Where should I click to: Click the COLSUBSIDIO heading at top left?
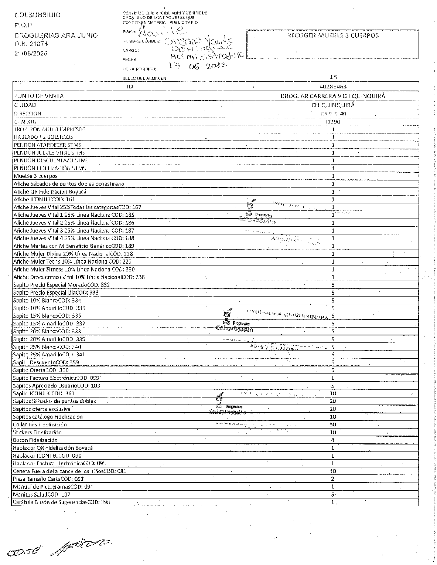click(x=37, y=15)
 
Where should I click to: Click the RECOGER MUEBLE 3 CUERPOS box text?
click(x=332, y=35)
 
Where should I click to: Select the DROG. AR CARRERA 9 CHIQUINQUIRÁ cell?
click(x=333, y=96)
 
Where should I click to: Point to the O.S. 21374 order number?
click(x=31, y=44)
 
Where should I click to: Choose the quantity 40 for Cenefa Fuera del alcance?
click(x=332, y=471)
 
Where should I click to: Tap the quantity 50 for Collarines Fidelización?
click(x=332, y=424)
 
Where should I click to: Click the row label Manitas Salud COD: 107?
click(x=41, y=494)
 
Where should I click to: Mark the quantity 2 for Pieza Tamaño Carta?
click(x=333, y=479)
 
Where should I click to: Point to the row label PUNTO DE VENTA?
click(x=38, y=96)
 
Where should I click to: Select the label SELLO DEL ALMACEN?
click(x=144, y=78)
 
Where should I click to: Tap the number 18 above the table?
click(x=333, y=77)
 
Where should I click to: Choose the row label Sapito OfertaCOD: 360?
click(x=41, y=370)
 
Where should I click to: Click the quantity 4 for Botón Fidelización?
click(x=333, y=440)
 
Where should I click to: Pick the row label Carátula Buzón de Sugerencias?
click(x=61, y=502)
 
